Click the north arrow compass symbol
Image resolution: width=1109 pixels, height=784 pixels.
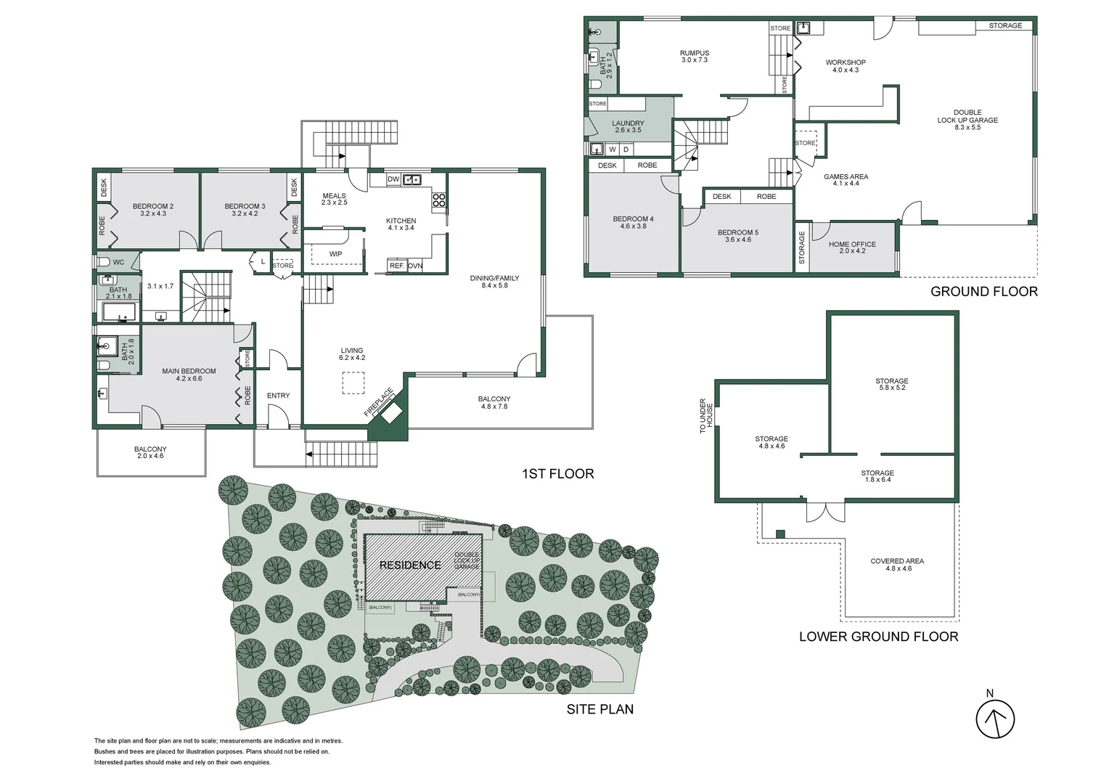coord(994,719)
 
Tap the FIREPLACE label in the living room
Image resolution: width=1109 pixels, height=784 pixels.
coord(378,402)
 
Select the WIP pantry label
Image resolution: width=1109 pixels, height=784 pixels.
coord(335,254)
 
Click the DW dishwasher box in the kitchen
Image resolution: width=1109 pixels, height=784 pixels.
coord(393,179)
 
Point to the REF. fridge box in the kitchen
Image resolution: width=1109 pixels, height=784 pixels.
coord(396,266)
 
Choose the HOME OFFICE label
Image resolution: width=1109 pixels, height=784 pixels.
coord(852,245)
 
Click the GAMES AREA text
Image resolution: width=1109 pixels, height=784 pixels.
coord(846,177)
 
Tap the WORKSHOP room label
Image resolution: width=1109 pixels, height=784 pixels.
coord(846,63)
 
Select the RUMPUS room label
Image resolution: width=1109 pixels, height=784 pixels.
coord(695,53)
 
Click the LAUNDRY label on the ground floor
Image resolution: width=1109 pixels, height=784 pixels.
coord(628,123)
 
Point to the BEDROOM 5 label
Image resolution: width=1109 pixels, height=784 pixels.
coord(737,233)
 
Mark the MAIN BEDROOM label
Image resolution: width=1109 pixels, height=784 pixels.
coord(189,372)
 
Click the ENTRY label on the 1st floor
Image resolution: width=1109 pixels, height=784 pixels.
coord(278,396)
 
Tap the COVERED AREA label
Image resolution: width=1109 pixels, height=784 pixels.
coord(897,561)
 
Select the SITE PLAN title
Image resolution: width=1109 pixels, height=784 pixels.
coord(599,709)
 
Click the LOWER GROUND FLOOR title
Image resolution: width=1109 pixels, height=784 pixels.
coord(878,637)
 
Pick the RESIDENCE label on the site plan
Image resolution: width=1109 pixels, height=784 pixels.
coord(410,565)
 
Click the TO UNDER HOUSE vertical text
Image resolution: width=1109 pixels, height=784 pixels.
coord(706,415)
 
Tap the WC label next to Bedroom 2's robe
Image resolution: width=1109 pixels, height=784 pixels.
coord(118,262)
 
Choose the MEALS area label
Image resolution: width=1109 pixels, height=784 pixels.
coord(335,196)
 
